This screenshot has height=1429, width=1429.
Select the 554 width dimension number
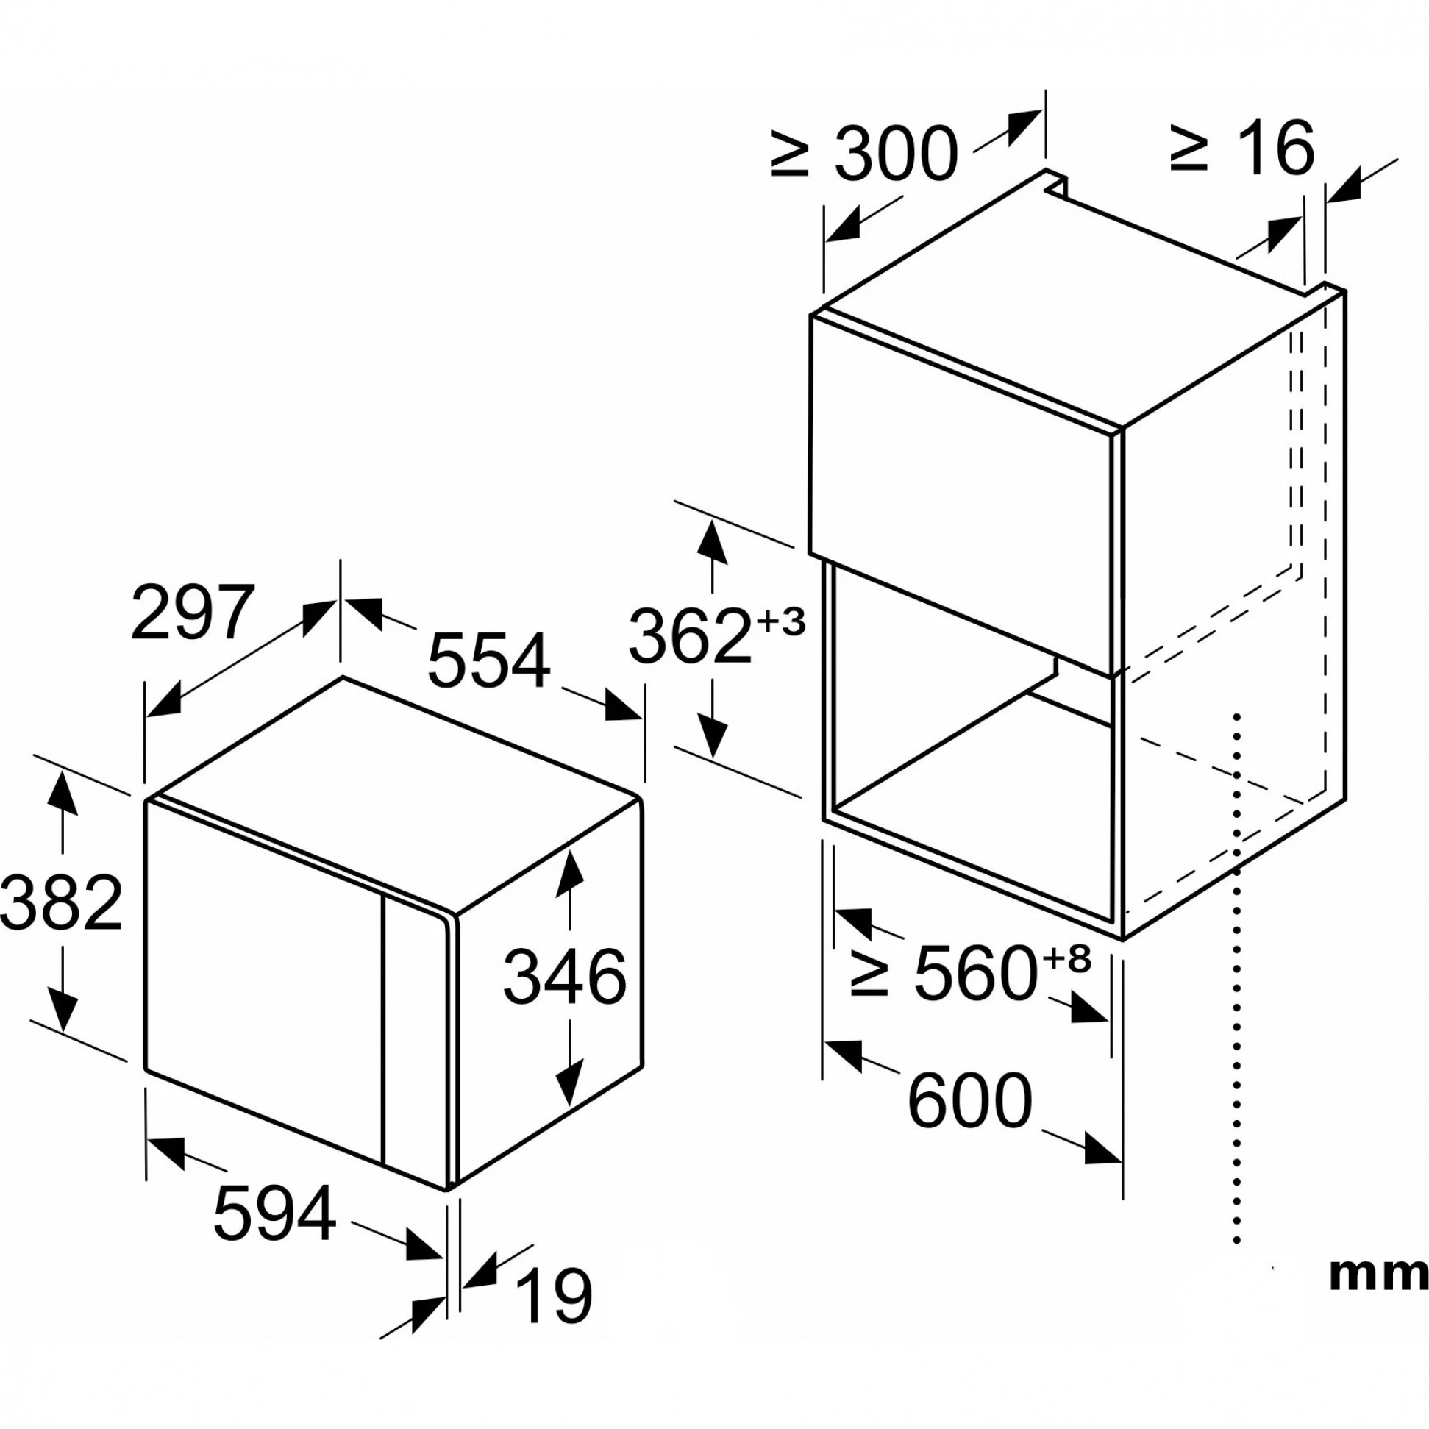[490, 660]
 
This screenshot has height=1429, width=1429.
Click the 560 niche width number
[973, 974]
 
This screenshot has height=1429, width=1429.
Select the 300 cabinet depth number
[896, 154]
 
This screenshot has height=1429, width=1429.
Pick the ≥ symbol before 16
[1189, 150]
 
